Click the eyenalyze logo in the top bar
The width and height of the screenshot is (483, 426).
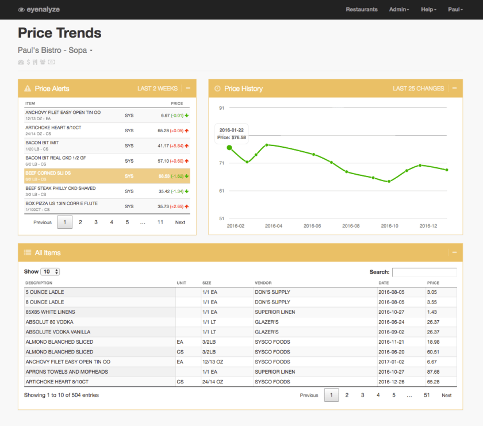[39, 10]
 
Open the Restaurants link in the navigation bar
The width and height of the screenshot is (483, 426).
[362, 10]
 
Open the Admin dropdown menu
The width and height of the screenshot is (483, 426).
[398, 10]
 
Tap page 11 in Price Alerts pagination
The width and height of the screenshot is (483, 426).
[160, 222]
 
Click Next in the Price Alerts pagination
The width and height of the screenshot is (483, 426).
[180, 222]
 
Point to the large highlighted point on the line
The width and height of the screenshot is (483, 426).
[229, 148]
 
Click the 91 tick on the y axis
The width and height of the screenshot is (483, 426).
[221, 108]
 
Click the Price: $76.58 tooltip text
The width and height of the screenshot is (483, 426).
[232, 137]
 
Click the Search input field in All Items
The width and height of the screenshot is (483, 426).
[424, 272]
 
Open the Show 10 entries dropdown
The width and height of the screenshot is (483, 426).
[51, 272]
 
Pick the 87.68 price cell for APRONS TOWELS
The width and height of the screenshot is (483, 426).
[433, 372]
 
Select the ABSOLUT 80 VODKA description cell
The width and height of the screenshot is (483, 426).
[49, 322]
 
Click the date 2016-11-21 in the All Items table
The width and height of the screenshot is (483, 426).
[391, 342]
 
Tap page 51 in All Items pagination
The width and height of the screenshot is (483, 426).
[427, 396]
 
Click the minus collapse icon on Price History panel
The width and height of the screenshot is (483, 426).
[454, 89]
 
